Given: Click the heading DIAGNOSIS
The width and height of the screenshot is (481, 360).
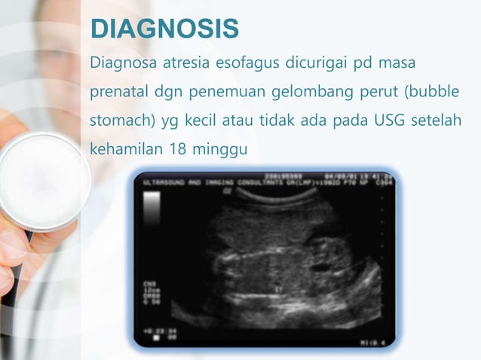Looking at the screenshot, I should [x=164, y=29].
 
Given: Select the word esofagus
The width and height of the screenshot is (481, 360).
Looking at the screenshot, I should [x=247, y=61].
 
